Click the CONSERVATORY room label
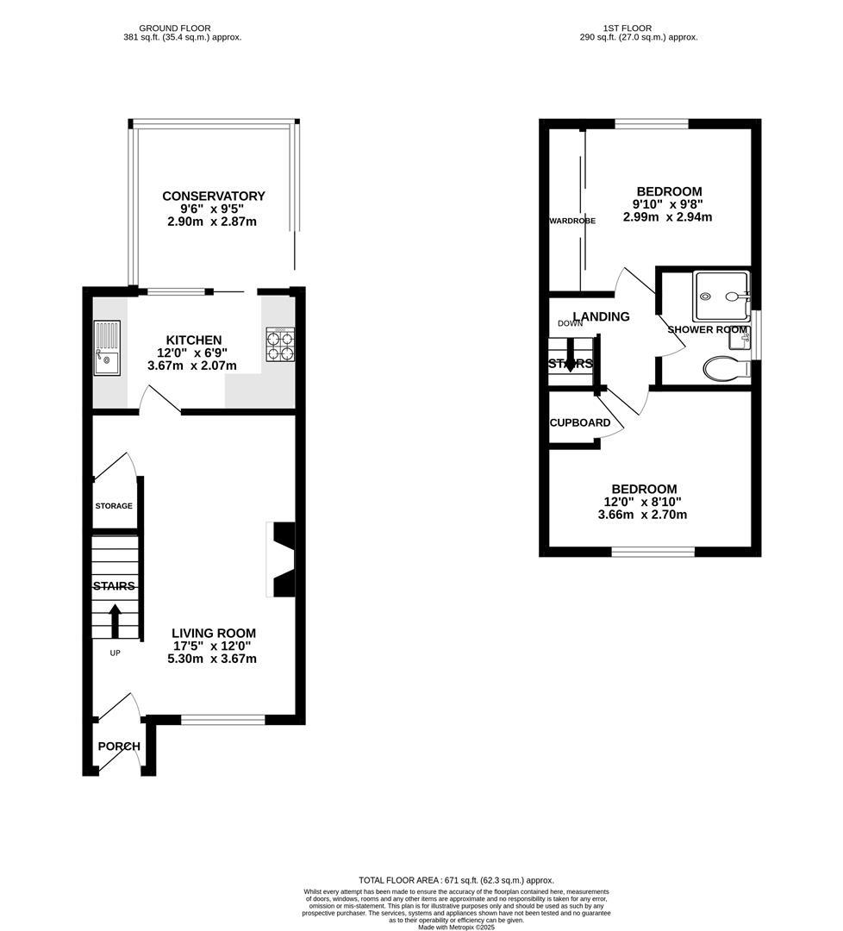[213, 196]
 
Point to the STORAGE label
[114, 506]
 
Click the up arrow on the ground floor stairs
[115, 620]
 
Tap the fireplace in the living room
[282, 559]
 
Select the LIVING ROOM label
[212, 633]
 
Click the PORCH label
[119, 747]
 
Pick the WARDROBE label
[572, 221]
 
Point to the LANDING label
[601, 316]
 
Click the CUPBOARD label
[580, 422]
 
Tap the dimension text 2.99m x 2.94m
[669, 217]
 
